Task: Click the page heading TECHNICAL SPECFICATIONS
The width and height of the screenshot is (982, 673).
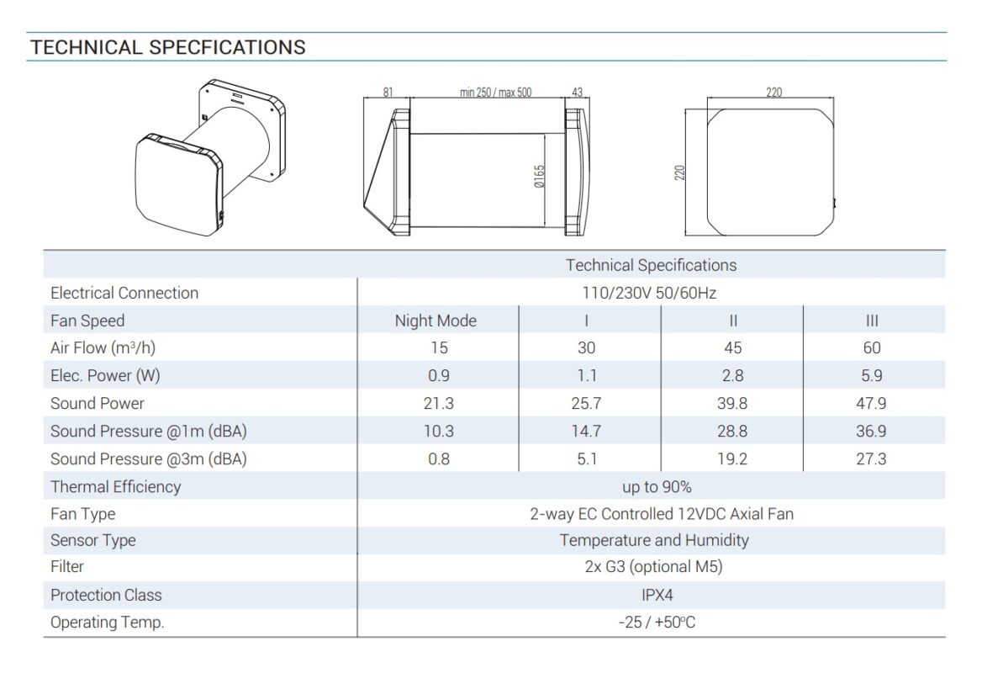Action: coord(168,48)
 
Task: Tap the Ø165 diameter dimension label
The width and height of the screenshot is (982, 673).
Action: coord(539,177)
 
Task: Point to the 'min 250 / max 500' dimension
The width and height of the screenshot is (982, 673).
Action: coord(495,92)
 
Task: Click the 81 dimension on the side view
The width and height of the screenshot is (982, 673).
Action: coord(388,92)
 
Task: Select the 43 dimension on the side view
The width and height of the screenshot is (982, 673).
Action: coord(577,92)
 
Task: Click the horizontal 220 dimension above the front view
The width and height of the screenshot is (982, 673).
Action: coord(774,92)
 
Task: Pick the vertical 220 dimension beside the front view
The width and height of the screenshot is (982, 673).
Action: coord(679,172)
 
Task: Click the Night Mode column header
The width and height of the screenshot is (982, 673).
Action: coord(436,321)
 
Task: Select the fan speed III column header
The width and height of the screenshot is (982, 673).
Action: coord(872,321)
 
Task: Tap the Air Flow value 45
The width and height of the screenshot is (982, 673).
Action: coord(733,347)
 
